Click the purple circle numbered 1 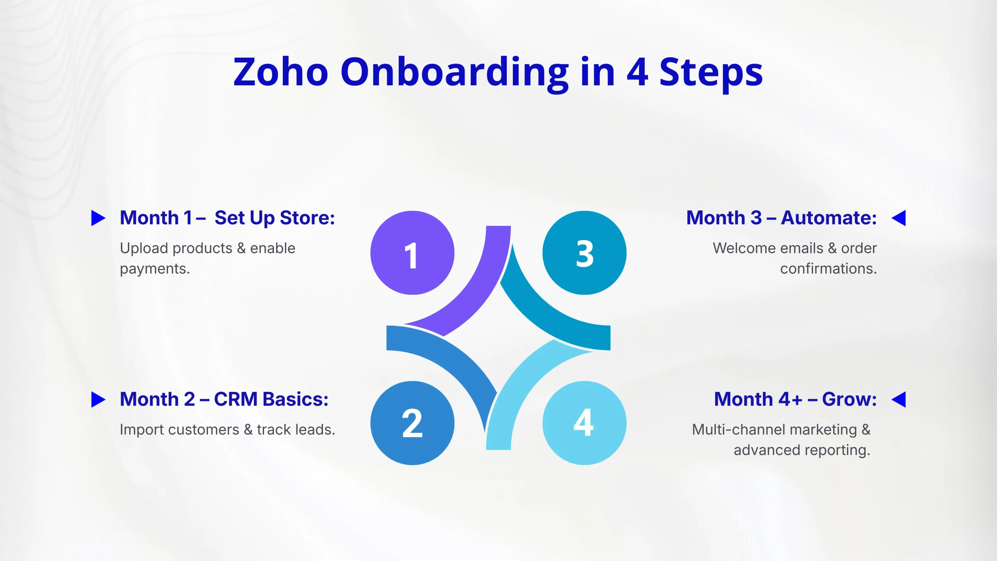(x=412, y=253)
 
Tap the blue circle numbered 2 (x=412, y=423)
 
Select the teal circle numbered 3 (x=584, y=253)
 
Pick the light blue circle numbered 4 (x=584, y=423)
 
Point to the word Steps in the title (x=711, y=74)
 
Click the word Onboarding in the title (x=454, y=74)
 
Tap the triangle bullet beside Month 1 (x=98, y=218)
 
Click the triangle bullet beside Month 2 (x=98, y=400)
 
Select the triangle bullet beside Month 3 (x=899, y=218)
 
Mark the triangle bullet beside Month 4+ (x=899, y=400)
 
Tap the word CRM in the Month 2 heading (x=236, y=399)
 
